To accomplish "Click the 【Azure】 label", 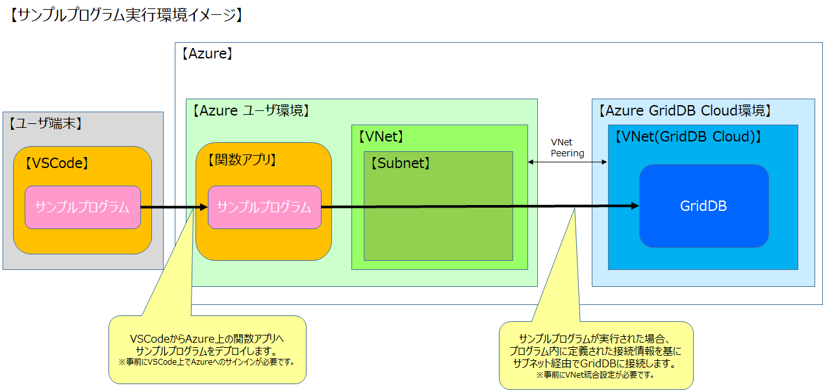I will coord(207,55).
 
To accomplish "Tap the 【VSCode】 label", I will coord(57,164).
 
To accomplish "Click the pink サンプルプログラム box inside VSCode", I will coord(82,208).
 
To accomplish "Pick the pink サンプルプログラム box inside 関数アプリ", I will coord(264,208).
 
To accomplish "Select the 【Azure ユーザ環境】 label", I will coord(250,110).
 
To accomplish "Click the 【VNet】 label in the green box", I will coord(381,136).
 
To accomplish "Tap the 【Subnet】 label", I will coord(400,164).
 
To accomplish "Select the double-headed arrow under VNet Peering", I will coord(567,162).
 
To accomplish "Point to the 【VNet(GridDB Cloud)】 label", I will coord(687,137).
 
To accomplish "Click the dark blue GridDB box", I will coord(703,206).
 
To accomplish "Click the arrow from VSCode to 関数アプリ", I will coord(173,208).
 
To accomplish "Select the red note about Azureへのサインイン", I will coord(207,361).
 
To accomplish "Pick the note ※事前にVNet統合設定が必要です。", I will coord(595,374).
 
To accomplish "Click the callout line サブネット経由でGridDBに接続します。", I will coord(595,363).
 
